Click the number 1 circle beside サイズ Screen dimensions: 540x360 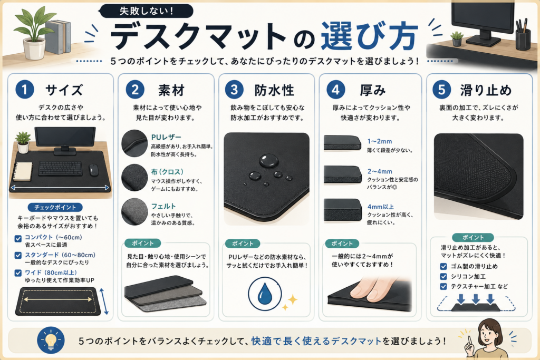(25, 89)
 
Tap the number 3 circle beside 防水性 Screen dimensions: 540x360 (234, 90)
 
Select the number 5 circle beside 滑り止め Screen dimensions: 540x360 (442, 90)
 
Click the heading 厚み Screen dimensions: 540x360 (373, 91)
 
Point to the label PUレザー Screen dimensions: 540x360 (166, 138)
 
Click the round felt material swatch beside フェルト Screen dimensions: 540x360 (134, 212)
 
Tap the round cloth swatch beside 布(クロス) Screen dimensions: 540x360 (134, 178)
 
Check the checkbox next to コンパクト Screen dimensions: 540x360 (18, 238)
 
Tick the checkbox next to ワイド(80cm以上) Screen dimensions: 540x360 (18, 273)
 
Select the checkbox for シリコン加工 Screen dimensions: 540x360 (443, 276)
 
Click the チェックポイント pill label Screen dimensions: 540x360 (55, 207)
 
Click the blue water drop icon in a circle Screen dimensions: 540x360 (265, 294)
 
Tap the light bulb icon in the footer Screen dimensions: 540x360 (51, 340)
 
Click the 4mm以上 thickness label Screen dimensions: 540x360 (381, 207)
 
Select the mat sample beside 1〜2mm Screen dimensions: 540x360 (342, 142)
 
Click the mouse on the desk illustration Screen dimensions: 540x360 (93, 170)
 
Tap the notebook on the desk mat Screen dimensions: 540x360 (22, 171)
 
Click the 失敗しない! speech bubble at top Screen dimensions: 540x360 (146, 11)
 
